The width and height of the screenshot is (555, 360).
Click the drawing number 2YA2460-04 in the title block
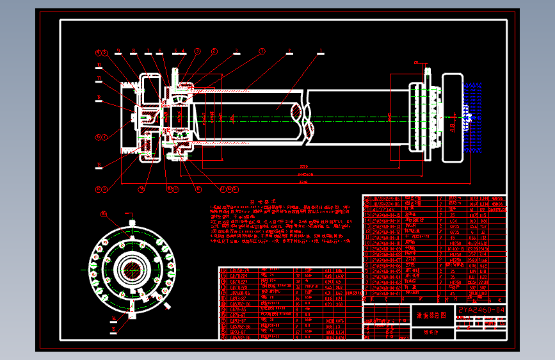click(x=482, y=310)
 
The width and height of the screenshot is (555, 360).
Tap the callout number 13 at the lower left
click(x=99, y=165)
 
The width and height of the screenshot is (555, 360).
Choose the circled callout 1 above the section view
click(x=262, y=51)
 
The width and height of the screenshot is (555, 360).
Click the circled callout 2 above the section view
click(x=214, y=51)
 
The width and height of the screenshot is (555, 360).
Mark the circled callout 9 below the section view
click(x=143, y=189)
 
